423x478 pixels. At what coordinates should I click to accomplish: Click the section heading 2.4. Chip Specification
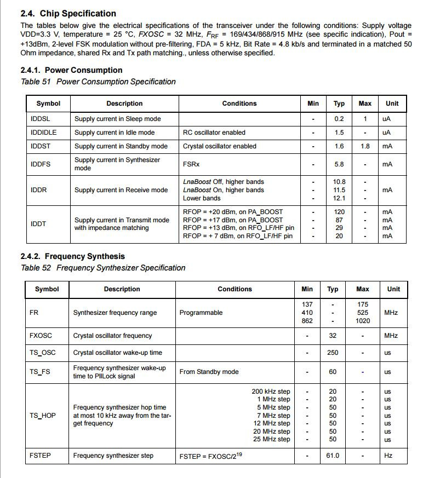68,13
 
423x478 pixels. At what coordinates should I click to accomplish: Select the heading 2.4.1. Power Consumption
71,70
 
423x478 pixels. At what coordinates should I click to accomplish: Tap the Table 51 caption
98,82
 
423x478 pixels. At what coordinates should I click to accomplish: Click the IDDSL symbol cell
42,119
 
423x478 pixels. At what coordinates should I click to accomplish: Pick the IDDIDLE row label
44,133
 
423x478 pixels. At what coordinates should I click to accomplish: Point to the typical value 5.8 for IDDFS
339,164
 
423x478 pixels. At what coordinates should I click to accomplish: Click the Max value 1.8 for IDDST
365,146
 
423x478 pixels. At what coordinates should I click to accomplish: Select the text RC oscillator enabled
214,133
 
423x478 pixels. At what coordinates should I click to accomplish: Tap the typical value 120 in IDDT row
339,212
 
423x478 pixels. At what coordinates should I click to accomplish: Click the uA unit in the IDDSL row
387,119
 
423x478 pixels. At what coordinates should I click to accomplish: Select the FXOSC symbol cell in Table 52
41,336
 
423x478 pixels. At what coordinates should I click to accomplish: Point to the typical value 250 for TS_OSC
333,353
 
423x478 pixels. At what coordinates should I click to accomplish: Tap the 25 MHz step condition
272,439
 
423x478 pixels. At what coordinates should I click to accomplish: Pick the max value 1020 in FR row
363,321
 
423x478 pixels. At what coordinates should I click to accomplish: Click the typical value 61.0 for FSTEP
333,456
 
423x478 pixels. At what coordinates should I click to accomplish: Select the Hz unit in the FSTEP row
388,456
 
